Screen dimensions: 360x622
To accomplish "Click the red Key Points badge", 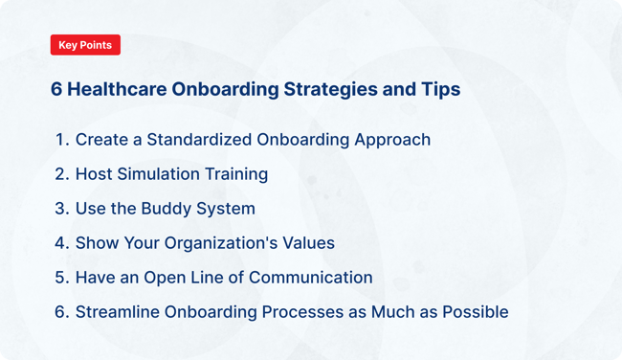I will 85,45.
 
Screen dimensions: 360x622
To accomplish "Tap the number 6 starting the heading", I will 56,89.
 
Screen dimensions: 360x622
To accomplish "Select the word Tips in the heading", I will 438,89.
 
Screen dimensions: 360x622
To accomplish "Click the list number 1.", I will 61,140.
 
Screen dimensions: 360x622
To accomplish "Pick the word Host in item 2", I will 94,174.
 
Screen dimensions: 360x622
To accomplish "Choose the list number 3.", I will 61,209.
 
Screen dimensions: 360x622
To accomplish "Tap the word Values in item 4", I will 305,243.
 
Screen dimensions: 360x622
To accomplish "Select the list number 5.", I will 61,278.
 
